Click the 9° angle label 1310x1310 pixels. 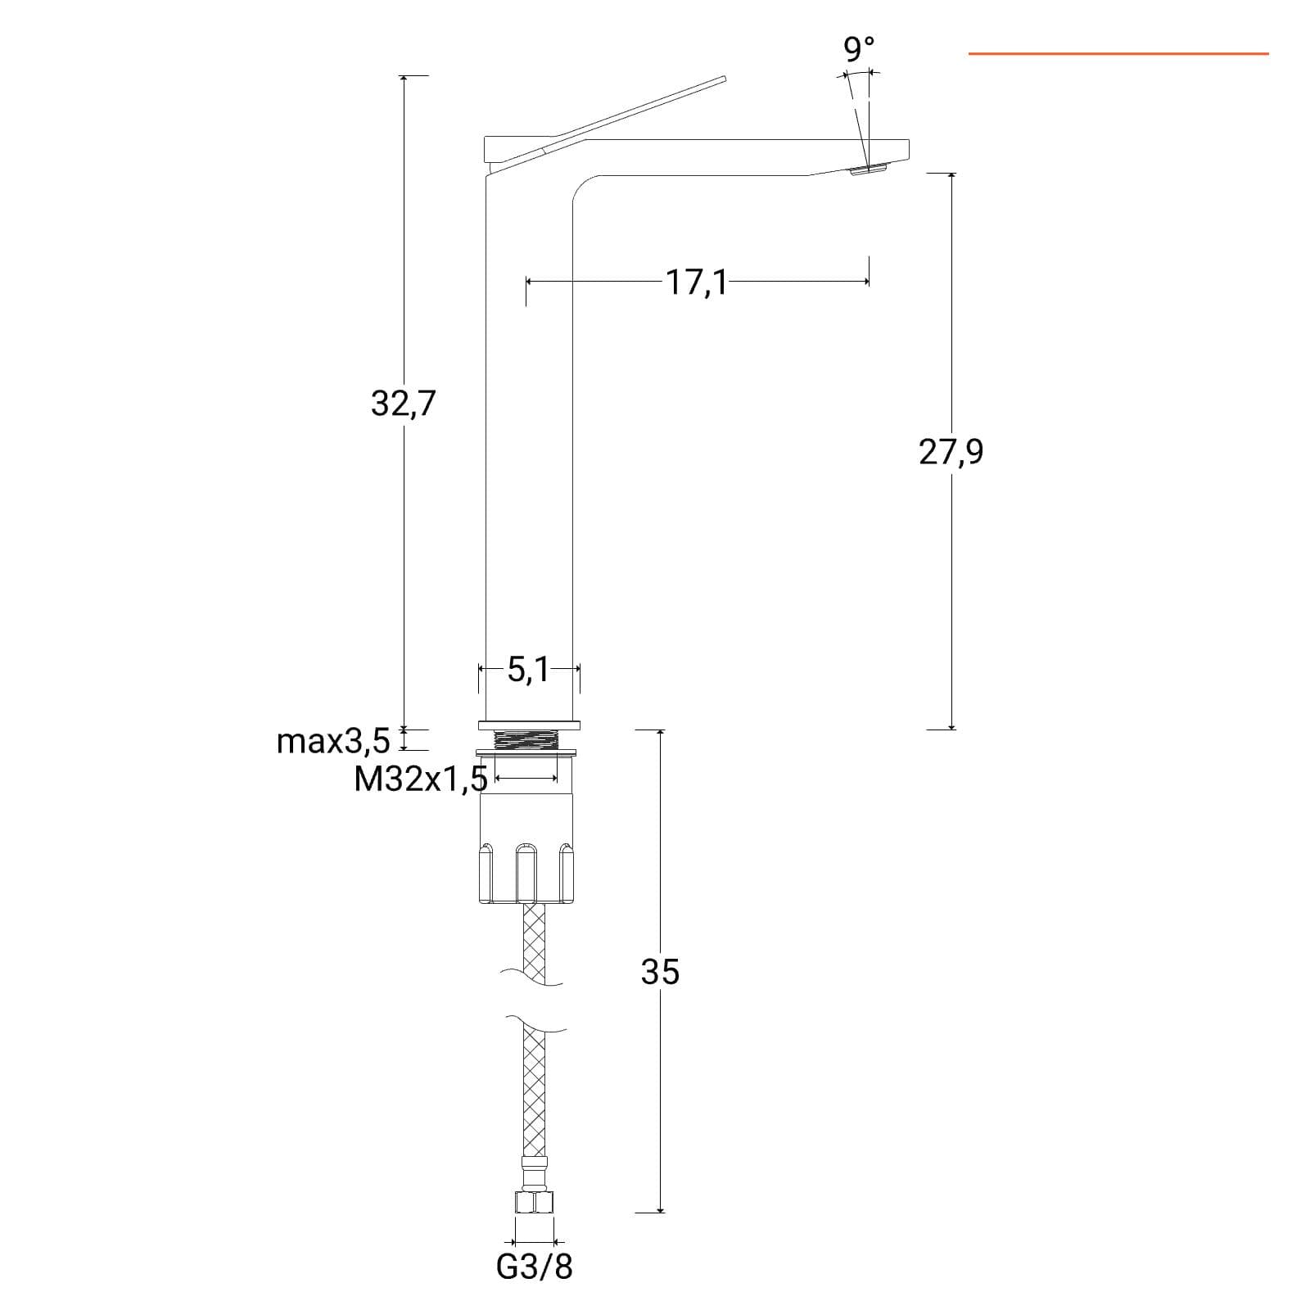(859, 49)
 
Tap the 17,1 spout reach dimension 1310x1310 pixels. (696, 282)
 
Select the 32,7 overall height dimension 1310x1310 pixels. (403, 404)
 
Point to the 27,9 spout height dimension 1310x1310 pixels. (951, 451)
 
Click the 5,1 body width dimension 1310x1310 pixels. (529, 670)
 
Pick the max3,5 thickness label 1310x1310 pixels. (333, 742)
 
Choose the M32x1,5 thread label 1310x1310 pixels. (421, 779)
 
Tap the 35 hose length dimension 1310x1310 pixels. (660, 972)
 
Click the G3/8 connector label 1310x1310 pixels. (535, 1267)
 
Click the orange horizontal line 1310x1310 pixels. (1118, 54)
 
